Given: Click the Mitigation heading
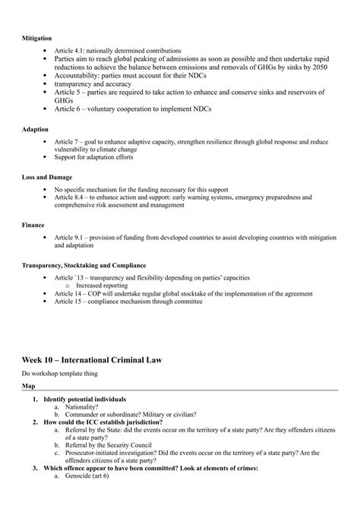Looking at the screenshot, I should (36, 36).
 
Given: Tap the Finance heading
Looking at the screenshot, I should (33, 225).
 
